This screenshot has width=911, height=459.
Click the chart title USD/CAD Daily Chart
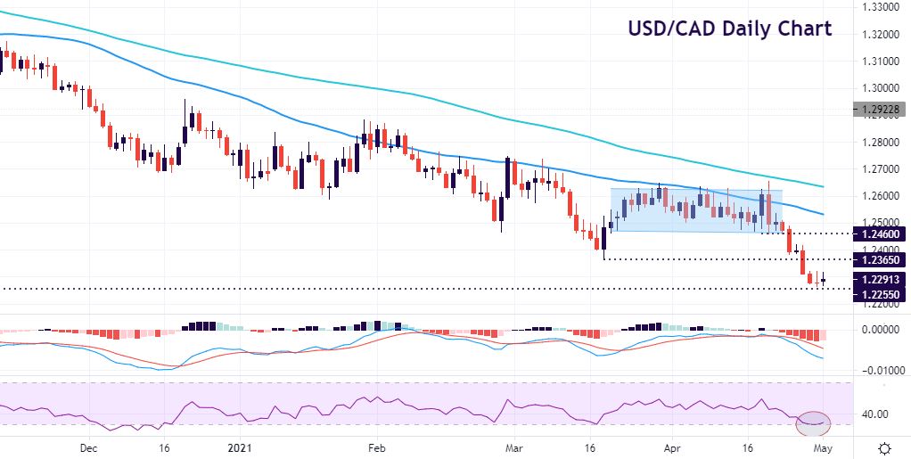(x=729, y=29)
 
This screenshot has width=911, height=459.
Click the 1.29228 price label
(x=880, y=110)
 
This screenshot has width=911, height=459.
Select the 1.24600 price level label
(x=880, y=234)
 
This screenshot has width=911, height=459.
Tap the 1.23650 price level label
(x=880, y=259)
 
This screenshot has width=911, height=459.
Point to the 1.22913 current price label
(x=880, y=279)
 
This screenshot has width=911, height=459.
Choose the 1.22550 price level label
(x=880, y=295)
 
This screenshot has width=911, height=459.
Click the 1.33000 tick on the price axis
(x=880, y=7)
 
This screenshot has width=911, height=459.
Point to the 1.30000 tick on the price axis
(x=880, y=88)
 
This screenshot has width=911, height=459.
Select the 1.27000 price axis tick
(x=880, y=168)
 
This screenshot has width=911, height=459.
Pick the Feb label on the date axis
(x=376, y=447)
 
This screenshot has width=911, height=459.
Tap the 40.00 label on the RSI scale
(x=874, y=414)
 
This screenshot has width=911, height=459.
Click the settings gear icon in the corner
(x=884, y=447)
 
